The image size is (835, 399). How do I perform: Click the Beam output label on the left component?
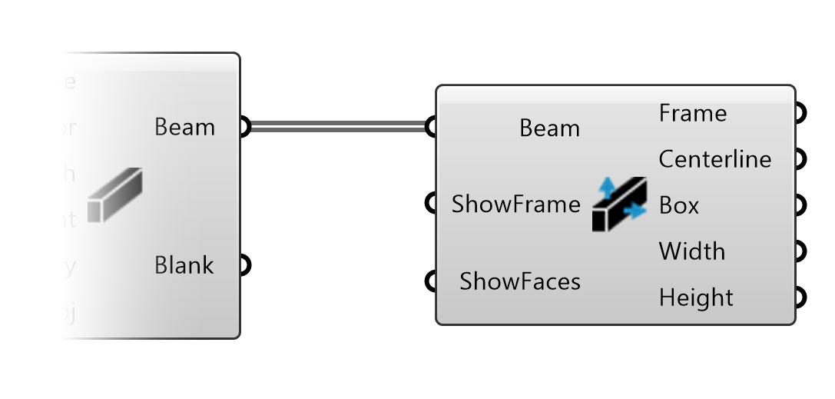pos(184,127)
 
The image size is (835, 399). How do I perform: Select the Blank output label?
pos(184,265)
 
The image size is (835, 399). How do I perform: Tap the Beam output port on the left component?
pos(244,127)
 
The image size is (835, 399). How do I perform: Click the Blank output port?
pos(244,265)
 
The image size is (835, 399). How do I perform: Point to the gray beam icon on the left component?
pos(114,196)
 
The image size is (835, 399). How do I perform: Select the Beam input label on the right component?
pos(549,128)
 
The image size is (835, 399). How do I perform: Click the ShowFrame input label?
pos(515,204)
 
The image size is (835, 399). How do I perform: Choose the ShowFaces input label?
pos(520,281)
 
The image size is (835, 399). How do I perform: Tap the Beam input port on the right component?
pos(432,127)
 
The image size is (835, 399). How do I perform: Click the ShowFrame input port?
pos(432,204)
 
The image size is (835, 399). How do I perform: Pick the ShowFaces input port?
pos(432,281)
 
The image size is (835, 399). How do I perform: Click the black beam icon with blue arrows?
pos(620,204)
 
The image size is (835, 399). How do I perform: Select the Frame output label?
pos(692,113)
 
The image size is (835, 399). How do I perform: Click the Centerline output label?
pos(714,159)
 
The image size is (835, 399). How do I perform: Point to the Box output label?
pos(679,205)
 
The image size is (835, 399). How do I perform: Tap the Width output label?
pos(691,251)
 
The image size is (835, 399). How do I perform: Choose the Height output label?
pos(696,298)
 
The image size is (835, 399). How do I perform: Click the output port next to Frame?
pos(800,113)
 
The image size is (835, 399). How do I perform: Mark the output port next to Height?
pos(800,297)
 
